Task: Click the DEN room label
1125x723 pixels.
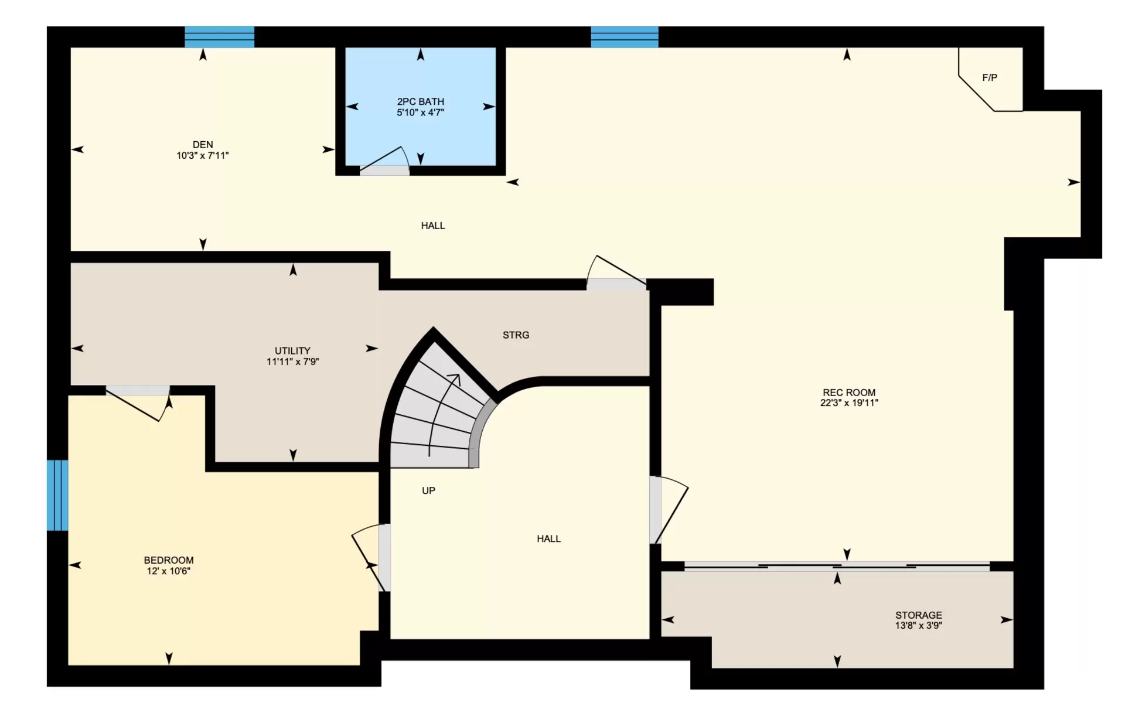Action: pos(203,145)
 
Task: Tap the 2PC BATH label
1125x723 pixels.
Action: pos(420,101)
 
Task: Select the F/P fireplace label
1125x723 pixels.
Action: pos(990,77)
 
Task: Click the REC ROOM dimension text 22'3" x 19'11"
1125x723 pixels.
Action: pos(849,403)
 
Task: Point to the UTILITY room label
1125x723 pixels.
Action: pos(292,351)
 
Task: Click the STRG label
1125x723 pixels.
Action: pos(516,335)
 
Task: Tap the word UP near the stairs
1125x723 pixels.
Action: pos(428,491)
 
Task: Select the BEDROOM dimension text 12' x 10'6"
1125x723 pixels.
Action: pos(169,571)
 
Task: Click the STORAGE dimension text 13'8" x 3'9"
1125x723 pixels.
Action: pos(918,626)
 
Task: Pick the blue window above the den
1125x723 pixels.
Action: pos(220,37)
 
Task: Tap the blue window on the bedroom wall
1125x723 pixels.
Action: pos(57,496)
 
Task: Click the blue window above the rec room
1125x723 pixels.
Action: pos(625,37)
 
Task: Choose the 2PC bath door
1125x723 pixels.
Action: pos(384,162)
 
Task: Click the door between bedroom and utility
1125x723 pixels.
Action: pos(138,403)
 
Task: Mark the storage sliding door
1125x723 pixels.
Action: pos(837,567)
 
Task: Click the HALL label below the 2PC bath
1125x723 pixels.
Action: pos(433,226)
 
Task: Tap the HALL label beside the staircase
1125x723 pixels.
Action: pos(548,539)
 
